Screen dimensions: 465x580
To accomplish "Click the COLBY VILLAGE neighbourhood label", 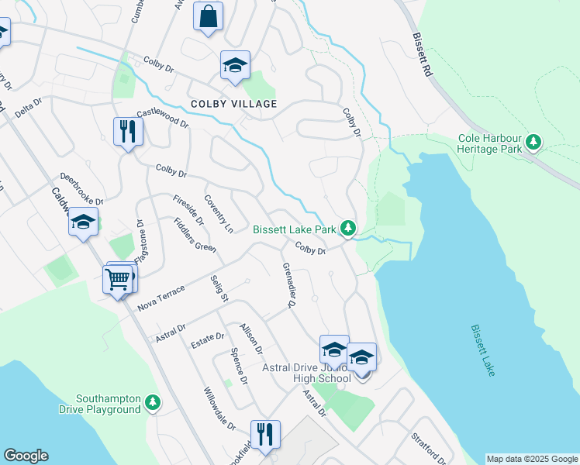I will coord(235,104).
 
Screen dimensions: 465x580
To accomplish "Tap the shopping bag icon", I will coord(208,17).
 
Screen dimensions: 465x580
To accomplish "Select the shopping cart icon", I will coord(118,279).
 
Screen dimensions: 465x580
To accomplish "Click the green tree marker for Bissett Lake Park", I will coord(349,228).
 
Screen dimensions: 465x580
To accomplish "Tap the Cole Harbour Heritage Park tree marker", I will coord(533,142).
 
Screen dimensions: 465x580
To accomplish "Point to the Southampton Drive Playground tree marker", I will coord(153,402).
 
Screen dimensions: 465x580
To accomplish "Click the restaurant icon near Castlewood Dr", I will coord(126,132).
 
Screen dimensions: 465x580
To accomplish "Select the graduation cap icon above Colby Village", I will coord(235,66).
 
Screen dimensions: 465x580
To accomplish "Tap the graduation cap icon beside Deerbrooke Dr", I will coord(83,222).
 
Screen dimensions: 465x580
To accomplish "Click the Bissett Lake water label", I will coord(482,350).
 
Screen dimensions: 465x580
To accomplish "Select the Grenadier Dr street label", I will coord(289,286).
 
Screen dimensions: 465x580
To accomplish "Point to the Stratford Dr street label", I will coord(428,447).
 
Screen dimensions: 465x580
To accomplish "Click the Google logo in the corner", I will coord(26,456).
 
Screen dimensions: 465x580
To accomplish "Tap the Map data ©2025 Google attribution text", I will coord(531,459).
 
